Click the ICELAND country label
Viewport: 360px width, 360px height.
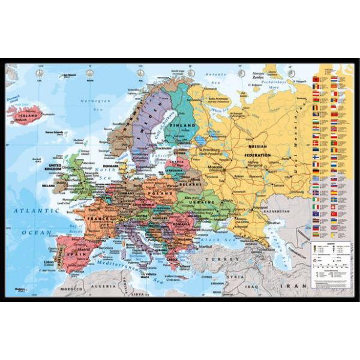point(25,111)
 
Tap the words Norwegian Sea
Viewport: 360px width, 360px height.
point(90,102)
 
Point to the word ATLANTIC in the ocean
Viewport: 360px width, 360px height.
point(33,211)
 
